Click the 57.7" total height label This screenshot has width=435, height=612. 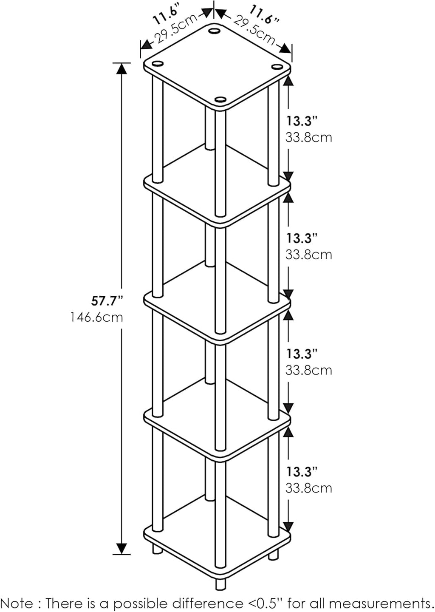pyautogui.click(x=107, y=301)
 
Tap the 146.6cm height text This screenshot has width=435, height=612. pyautogui.click(x=97, y=317)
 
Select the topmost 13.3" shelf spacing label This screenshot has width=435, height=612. pyautogui.click(x=302, y=121)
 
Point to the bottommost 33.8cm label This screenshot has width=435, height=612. pyautogui.click(x=309, y=488)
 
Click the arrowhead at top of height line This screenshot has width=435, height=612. pyautogui.click(x=122, y=68)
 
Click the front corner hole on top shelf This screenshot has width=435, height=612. pyautogui.click(x=221, y=99)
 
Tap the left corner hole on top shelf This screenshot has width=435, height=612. pyautogui.click(x=158, y=63)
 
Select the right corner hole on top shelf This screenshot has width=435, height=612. pyautogui.click(x=277, y=67)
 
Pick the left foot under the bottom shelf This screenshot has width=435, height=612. pyautogui.click(x=157, y=550)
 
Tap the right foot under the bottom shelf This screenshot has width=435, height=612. pyautogui.click(x=274, y=553)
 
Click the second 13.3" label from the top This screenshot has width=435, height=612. pyautogui.click(x=302, y=238)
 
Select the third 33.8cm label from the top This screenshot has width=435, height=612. pyautogui.click(x=309, y=371)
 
